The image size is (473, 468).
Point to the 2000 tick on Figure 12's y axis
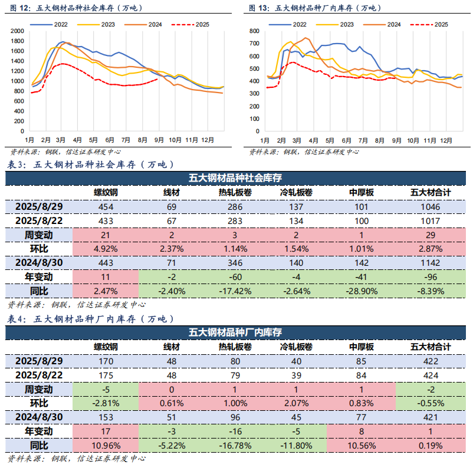pyautogui.click(x=17, y=31)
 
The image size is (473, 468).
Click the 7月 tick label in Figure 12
pyautogui.click(x=126, y=141)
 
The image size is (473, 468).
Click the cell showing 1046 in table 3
pyautogui.click(x=431, y=207)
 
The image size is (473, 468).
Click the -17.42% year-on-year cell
pyautogui.click(x=235, y=290)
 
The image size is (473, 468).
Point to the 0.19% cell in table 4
pyautogui.click(x=431, y=445)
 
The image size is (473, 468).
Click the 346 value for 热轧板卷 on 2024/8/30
pyautogui.click(x=235, y=262)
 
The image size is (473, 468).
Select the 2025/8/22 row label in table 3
pyautogui.click(x=38, y=220)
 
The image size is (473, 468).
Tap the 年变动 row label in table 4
pyautogui.click(x=38, y=431)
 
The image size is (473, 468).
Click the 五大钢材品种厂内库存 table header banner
pyautogui.click(x=235, y=332)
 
